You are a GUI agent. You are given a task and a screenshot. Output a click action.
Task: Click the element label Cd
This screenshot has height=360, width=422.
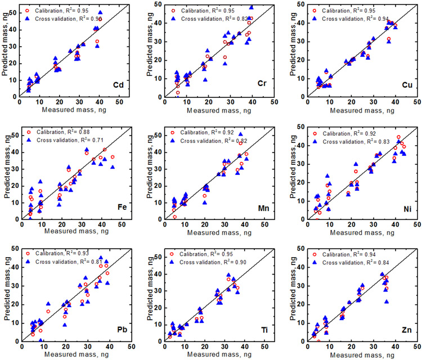coord(118,85)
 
